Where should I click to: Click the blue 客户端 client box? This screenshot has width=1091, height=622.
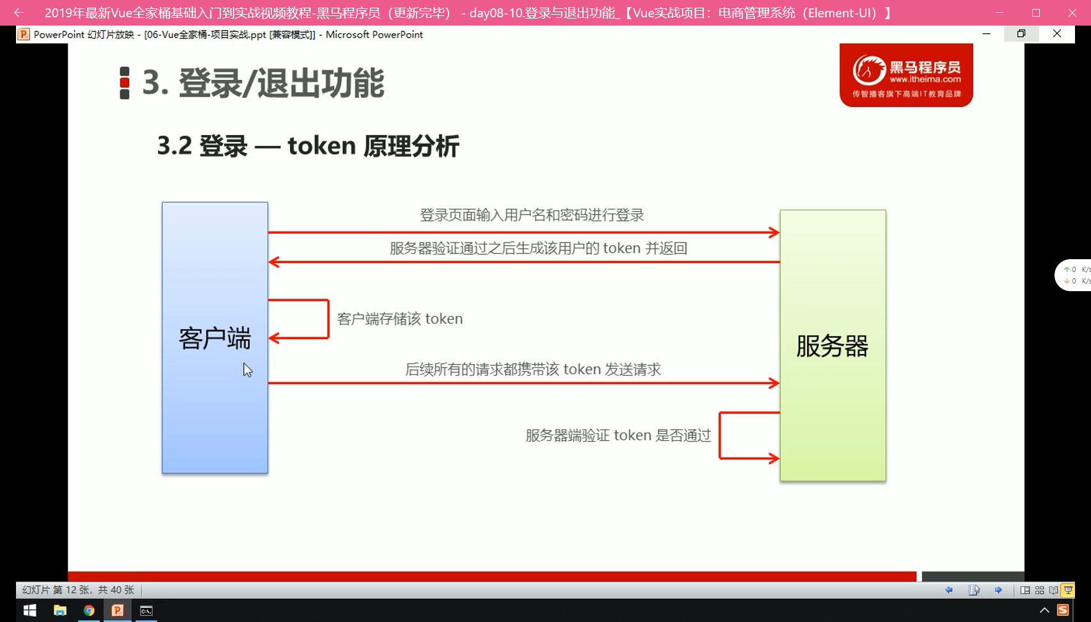pos(215,337)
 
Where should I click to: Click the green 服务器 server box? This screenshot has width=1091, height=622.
pos(833,346)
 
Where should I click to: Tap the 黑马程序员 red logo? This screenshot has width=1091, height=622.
pos(906,75)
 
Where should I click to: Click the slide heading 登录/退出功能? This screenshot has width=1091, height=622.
pos(282,83)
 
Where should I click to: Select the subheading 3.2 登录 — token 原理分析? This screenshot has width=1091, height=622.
pos(308,146)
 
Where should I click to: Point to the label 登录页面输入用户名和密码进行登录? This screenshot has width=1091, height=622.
pos(532,215)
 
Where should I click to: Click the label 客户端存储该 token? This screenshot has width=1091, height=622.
pos(400,319)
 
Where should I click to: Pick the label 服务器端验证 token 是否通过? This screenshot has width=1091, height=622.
pos(618,435)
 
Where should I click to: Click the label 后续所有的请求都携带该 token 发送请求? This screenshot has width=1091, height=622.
pos(533,369)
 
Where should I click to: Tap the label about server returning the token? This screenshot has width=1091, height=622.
pos(538,248)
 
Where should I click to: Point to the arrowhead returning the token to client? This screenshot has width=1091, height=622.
pos(274,262)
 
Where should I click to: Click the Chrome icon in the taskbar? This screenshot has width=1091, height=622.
pos(89,610)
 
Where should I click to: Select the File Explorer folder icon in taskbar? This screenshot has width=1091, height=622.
pos(60,610)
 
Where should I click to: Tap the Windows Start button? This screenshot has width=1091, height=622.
pos(29,610)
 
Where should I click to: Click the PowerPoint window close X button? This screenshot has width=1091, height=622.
pos(1056,34)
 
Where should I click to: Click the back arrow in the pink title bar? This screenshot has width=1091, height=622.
pos(19,13)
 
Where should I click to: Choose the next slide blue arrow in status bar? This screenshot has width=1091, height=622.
pos(998,590)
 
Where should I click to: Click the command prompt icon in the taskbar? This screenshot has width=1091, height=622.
pos(146,610)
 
